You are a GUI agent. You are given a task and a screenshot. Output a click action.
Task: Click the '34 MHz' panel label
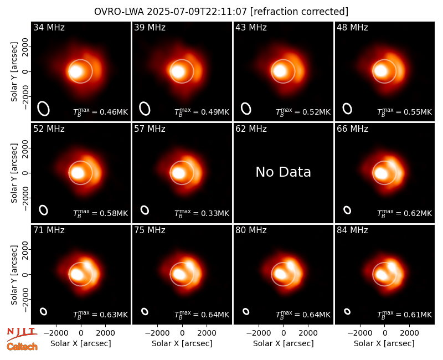pyautogui.click(x=49, y=27)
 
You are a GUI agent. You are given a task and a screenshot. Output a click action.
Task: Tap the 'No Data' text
pyautogui.click(x=283, y=172)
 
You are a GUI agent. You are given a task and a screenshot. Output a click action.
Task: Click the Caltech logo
pyautogui.click(x=22, y=347)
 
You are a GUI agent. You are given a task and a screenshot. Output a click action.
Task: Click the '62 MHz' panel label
pyautogui.click(x=251, y=129)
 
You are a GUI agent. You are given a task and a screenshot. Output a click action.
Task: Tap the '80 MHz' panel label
pyautogui.click(x=251, y=230)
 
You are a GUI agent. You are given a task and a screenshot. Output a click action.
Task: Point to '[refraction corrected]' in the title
pyautogui.click(x=300, y=12)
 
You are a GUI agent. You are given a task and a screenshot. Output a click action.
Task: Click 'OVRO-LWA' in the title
pyautogui.click(x=119, y=12)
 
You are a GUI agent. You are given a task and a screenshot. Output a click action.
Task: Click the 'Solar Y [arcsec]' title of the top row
pyautogui.click(x=14, y=72)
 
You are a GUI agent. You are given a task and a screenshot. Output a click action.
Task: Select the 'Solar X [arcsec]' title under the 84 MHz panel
pyautogui.click(x=384, y=343)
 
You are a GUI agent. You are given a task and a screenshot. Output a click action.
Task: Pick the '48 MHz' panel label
pyautogui.click(x=352, y=27)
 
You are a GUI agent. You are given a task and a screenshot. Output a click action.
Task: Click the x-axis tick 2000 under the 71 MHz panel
pyautogui.click(x=105, y=333)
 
